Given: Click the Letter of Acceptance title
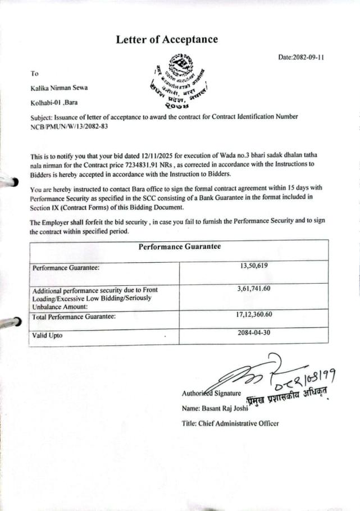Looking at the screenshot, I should point(167,39).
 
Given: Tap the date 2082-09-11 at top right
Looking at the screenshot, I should point(302,57).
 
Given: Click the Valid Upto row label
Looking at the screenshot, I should point(47,335).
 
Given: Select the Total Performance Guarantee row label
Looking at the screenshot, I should point(74,317).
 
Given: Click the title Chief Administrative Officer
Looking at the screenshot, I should point(230,423).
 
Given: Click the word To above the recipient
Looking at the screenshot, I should point(35,74).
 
